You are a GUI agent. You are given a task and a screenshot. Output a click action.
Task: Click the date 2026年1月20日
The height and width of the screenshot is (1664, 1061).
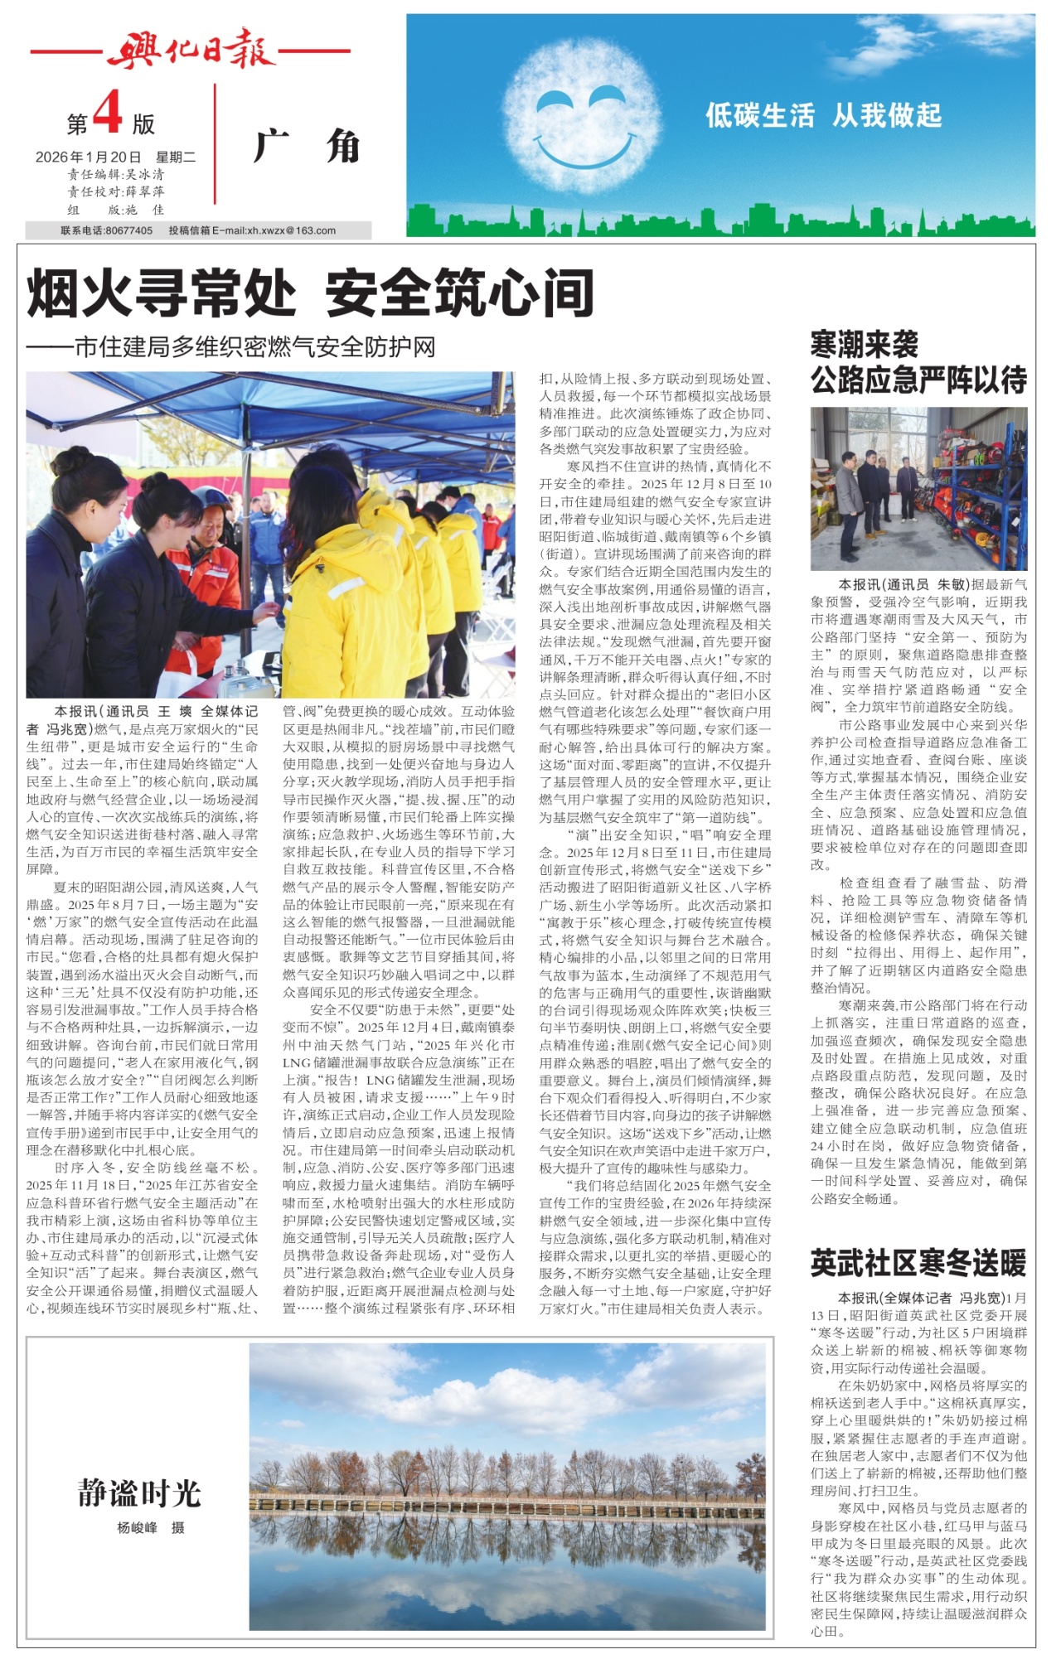click(x=89, y=157)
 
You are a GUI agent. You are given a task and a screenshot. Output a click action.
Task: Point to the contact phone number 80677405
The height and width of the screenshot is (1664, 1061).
click(x=129, y=231)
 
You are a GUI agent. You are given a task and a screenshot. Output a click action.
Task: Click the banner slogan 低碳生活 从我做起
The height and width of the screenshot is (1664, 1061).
click(x=823, y=115)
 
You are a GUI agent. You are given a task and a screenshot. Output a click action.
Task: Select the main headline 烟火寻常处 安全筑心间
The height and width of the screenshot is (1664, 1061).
click(x=311, y=293)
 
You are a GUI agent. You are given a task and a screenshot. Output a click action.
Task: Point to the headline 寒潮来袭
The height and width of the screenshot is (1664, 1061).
click(x=864, y=344)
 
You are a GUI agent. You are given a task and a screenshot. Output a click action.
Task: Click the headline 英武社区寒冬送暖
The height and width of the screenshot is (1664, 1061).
click(x=918, y=1264)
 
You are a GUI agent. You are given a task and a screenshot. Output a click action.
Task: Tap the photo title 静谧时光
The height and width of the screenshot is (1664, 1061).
click(x=139, y=1492)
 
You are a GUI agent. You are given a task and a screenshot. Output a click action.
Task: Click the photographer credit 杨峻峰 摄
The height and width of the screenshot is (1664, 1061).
click(x=151, y=1528)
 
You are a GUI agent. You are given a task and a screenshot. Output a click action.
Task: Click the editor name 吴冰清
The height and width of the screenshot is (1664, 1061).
click(x=144, y=175)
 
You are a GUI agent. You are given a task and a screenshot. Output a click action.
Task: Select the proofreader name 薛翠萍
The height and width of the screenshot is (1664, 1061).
click(x=144, y=192)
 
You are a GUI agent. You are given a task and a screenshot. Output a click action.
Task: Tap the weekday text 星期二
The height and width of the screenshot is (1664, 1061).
click(x=175, y=157)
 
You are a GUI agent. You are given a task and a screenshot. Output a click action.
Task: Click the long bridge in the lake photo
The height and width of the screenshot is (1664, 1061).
click(x=507, y=1502)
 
